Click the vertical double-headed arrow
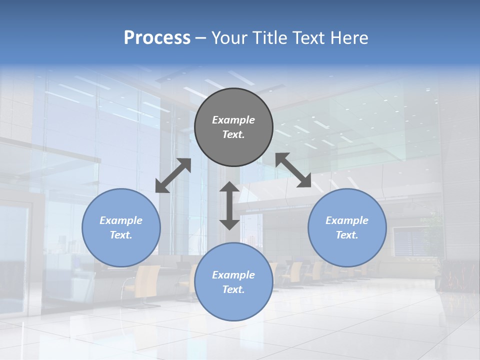click(x=229, y=205)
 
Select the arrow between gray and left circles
click(x=173, y=175)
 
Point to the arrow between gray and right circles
click(x=293, y=170)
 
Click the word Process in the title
click(x=157, y=38)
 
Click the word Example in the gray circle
click(x=233, y=120)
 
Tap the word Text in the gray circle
click(x=232, y=134)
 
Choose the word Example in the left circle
click(x=121, y=220)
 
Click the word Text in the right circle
click(x=346, y=235)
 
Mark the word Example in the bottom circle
click(x=233, y=275)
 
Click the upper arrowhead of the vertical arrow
click(x=229, y=187)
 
